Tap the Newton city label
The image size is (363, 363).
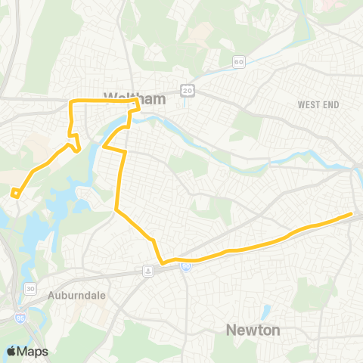[x=253, y=330]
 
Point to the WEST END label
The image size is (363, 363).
[x=316, y=104]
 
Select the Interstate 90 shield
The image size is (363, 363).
[x=185, y=265]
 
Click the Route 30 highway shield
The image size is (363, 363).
[x=30, y=288]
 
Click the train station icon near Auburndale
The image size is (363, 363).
[x=149, y=270]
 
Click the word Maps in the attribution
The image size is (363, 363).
[x=33, y=351]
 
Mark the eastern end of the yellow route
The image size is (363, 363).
[x=352, y=214]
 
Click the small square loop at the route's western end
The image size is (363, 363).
[x=15, y=193]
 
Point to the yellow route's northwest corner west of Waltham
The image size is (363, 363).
[x=72, y=101]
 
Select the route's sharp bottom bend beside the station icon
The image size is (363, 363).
[x=162, y=264]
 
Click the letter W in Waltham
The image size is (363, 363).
[x=89, y=98]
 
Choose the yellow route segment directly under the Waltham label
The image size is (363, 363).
[x=106, y=101]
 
